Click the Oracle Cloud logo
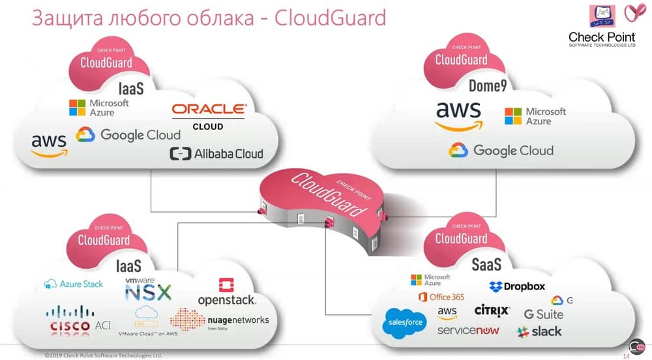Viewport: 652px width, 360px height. pyautogui.click(x=209, y=115)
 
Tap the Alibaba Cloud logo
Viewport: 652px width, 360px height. pyautogui.click(x=216, y=154)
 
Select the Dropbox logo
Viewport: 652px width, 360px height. pyautogui.click(x=517, y=286)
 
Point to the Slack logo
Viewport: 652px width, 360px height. pyautogui.click(x=539, y=331)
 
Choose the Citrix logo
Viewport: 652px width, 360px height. pyautogui.click(x=492, y=310)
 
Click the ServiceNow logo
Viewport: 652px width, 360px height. pyautogui.click(x=468, y=331)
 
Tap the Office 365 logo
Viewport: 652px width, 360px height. pyautogui.click(x=441, y=297)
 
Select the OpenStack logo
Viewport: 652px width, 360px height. pyautogui.click(x=227, y=293)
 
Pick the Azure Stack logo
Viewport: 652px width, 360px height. pyautogui.click(x=74, y=284)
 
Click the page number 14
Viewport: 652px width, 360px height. pyautogui.click(x=627, y=356)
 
